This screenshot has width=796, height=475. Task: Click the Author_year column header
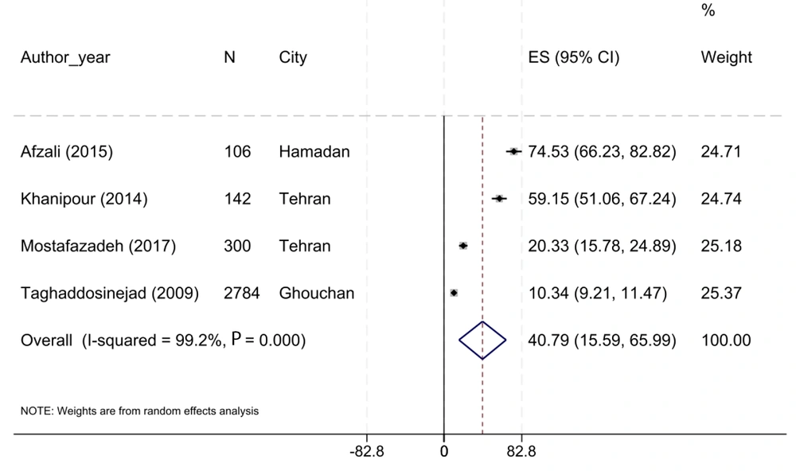pos(65,58)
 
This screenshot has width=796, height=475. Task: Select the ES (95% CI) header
pos(574,58)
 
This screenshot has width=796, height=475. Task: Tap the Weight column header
pos(726,58)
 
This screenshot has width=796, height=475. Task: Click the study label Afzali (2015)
pos(67,151)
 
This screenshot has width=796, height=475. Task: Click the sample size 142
pos(237,199)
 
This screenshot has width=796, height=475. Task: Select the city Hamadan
pos(314,151)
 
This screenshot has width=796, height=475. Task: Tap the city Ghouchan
pos(317,293)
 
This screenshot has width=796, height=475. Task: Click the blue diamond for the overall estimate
pos(482,340)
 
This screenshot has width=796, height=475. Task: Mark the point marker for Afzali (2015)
pos(513,151)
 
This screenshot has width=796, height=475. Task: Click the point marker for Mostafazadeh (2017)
pos(463,246)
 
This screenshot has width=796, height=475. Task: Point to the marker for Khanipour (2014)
pos(499,199)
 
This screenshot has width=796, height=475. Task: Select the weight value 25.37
pos(720,293)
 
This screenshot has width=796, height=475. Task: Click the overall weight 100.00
pos(725,340)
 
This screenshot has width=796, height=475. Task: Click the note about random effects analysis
pos(139,411)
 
